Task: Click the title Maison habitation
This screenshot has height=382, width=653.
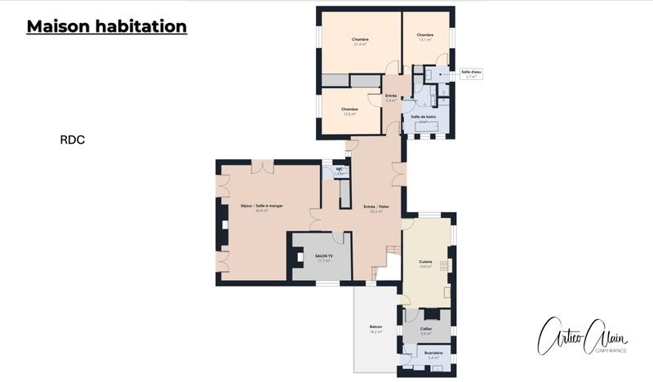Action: [107, 27]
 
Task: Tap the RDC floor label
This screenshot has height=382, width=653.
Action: [72, 140]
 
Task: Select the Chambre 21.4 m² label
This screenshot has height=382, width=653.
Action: [360, 42]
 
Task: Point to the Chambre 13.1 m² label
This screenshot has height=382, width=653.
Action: [424, 37]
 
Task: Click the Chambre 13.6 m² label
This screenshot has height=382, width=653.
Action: [349, 111]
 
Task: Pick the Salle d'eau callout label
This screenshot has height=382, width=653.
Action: [471, 73]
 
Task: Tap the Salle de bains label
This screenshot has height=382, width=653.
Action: [424, 118]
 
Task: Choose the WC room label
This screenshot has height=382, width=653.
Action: [340, 169]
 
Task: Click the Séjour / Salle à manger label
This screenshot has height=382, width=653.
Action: [261, 206]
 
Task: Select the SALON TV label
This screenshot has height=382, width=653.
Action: [323, 255]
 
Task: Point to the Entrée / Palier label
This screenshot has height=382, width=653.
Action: [376, 207]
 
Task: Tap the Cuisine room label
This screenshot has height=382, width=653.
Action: [424, 261]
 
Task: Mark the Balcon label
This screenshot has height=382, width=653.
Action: [376, 327]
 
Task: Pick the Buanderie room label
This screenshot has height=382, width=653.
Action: [433, 353]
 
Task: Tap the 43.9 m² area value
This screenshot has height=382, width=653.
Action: [261, 211]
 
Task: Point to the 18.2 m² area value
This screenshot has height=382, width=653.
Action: [376, 332]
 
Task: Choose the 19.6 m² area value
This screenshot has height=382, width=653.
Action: [424, 266]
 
